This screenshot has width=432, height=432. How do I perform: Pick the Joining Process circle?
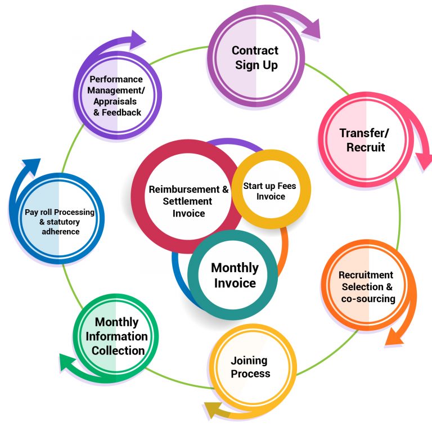point(251,367)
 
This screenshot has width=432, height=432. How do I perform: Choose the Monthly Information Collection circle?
point(116,336)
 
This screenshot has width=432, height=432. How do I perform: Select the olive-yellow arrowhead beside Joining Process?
point(213,412)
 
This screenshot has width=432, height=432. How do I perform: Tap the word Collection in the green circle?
point(118,350)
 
